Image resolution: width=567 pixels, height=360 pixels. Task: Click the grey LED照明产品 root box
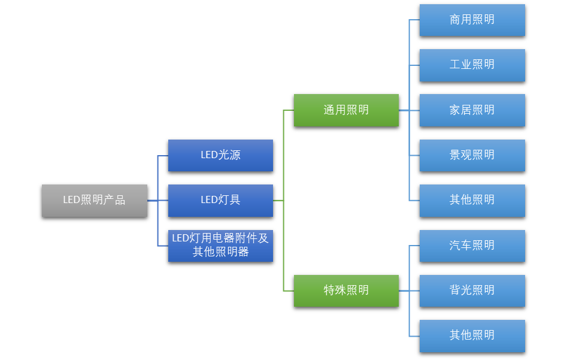pyautogui.click(x=94, y=201)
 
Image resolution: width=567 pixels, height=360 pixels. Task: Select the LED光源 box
pyautogui.click(x=220, y=155)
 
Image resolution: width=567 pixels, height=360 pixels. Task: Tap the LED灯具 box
pyautogui.click(x=220, y=201)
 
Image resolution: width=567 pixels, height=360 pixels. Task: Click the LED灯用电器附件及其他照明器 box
pyautogui.click(x=220, y=246)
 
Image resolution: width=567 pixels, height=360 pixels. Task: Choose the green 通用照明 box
pyautogui.click(x=346, y=110)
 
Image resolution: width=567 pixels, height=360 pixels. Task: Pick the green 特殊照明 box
pyautogui.click(x=346, y=291)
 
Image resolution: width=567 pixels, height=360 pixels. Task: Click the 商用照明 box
pyautogui.click(x=472, y=20)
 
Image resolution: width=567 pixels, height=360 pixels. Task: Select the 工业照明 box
pyautogui.click(x=472, y=65)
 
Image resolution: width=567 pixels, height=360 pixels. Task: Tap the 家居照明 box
pyautogui.click(x=472, y=110)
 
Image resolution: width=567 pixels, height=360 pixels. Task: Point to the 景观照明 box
pyautogui.click(x=472, y=155)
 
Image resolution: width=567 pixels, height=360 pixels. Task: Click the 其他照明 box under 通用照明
pyautogui.click(x=472, y=201)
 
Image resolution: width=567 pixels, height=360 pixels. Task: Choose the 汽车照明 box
pyautogui.click(x=472, y=246)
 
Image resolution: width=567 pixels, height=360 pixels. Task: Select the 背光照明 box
pyautogui.click(x=472, y=291)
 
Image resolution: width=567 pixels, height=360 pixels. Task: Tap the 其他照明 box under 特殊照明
pyautogui.click(x=472, y=335)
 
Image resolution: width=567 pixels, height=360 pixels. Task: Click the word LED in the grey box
pyautogui.click(x=71, y=201)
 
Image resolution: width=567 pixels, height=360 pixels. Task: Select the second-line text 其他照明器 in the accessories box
pyautogui.click(x=220, y=252)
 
